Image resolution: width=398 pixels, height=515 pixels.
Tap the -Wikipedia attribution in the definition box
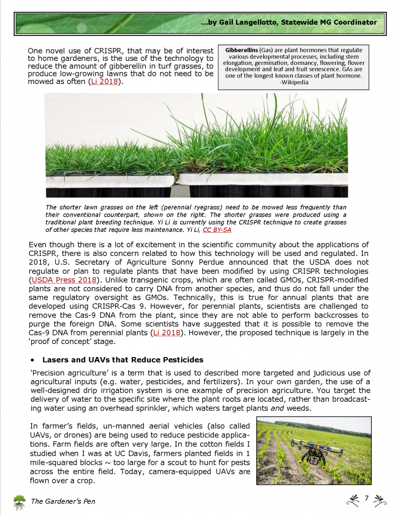pos(293,82)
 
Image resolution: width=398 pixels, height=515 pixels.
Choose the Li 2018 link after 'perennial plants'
pos(166,333)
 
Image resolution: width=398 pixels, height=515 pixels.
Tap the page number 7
pos(367,498)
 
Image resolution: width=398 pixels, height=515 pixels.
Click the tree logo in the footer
pos(20,501)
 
